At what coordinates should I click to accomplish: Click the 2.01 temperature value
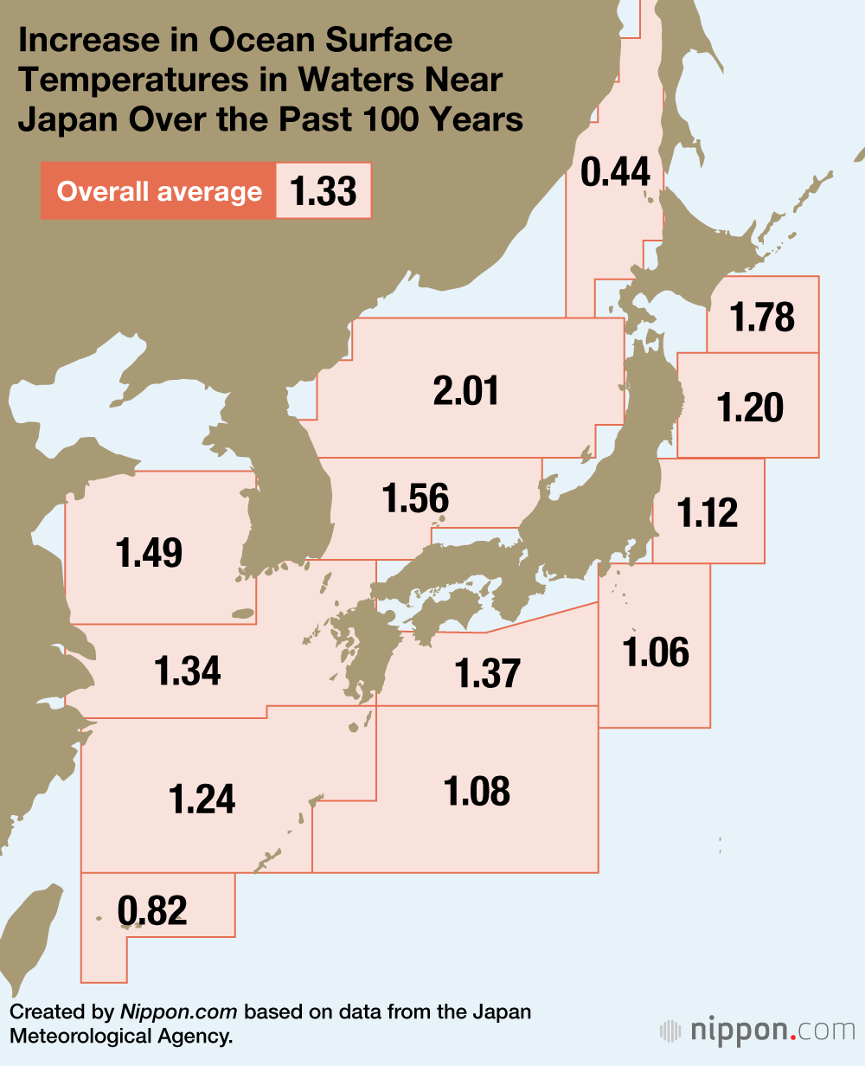[466, 391]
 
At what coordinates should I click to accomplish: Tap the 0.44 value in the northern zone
[615, 172]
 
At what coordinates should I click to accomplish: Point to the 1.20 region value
[750, 407]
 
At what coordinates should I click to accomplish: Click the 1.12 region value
[708, 513]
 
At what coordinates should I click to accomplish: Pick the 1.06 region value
[657, 652]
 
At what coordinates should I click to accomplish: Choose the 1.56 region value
[415, 498]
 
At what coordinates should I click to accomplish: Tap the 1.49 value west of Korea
[150, 552]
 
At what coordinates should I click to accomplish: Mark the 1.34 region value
[188, 671]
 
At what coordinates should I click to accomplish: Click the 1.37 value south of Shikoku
[488, 673]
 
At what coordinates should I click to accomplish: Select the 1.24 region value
[202, 799]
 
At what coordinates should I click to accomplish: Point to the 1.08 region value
[477, 792]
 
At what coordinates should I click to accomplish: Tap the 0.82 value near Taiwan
[153, 910]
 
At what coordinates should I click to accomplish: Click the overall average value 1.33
[324, 191]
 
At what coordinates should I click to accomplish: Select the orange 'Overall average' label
[159, 191]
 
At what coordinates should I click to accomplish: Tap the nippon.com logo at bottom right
[757, 1031]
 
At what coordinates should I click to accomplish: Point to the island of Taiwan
[30, 934]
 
